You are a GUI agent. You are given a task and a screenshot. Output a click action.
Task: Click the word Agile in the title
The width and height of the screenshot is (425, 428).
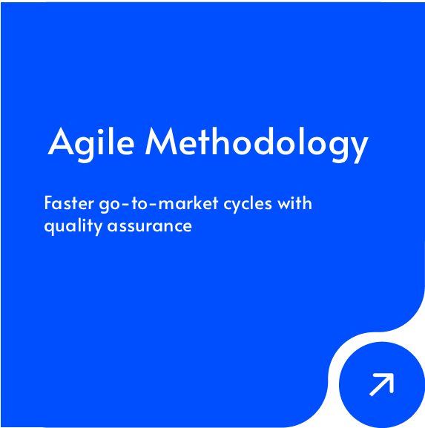91,144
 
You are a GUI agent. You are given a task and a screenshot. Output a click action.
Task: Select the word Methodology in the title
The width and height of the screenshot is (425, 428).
257,145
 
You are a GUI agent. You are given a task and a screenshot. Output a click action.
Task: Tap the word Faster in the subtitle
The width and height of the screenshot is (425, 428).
69,203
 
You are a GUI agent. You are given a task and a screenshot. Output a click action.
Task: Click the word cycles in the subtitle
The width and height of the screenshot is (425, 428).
248,205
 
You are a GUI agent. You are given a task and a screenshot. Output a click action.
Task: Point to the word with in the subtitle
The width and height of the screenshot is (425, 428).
294,203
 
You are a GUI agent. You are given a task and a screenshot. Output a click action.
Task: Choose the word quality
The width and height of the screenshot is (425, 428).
73,226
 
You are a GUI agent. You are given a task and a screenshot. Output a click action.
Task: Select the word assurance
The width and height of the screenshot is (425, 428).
150,226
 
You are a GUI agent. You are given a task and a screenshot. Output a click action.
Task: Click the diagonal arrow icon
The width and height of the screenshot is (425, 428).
381,384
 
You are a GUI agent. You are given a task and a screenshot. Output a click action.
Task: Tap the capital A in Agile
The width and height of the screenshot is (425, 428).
61,142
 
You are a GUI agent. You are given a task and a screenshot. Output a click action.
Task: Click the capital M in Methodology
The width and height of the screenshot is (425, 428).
161,142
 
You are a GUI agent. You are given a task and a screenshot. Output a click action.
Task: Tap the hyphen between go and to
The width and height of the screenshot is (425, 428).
125,204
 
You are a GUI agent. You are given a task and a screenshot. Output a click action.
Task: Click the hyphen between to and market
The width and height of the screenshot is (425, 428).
154,204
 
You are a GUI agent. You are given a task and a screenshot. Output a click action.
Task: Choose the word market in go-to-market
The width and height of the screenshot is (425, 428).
188,203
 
